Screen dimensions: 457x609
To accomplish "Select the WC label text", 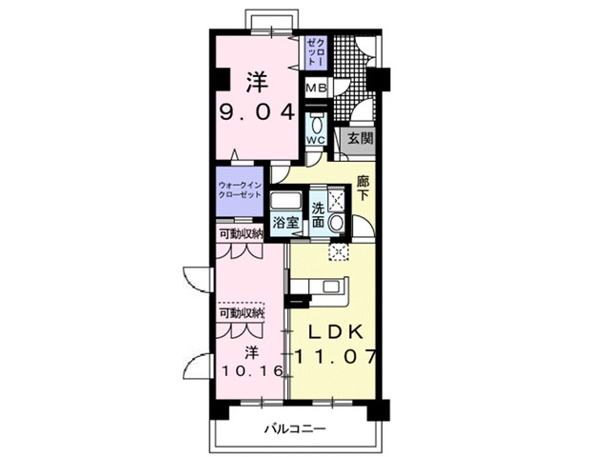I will pyautogui.click(x=316, y=140).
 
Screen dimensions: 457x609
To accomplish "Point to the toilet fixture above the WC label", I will pyautogui.click(x=317, y=123).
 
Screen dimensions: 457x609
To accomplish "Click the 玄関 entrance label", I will pyautogui.click(x=359, y=138).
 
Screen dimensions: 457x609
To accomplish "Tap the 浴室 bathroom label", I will pyautogui.click(x=285, y=222).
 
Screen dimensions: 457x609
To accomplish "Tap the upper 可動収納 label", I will pyautogui.click(x=240, y=233).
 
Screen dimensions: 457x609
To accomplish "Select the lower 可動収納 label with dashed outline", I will pyautogui.click(x=241, y=312).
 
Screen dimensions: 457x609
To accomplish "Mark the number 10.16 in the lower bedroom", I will pyautogui.click(x=251, y=370).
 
